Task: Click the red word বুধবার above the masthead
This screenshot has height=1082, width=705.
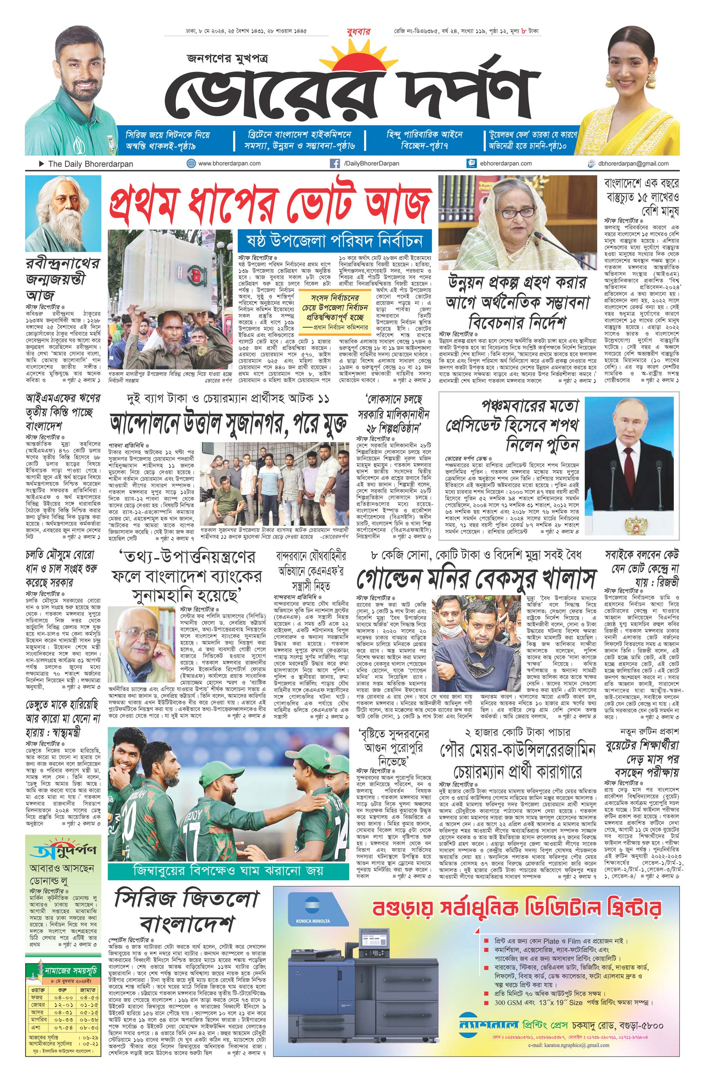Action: [x=358, y=32]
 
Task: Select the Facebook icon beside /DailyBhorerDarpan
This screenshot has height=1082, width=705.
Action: [x=334, y=164]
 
